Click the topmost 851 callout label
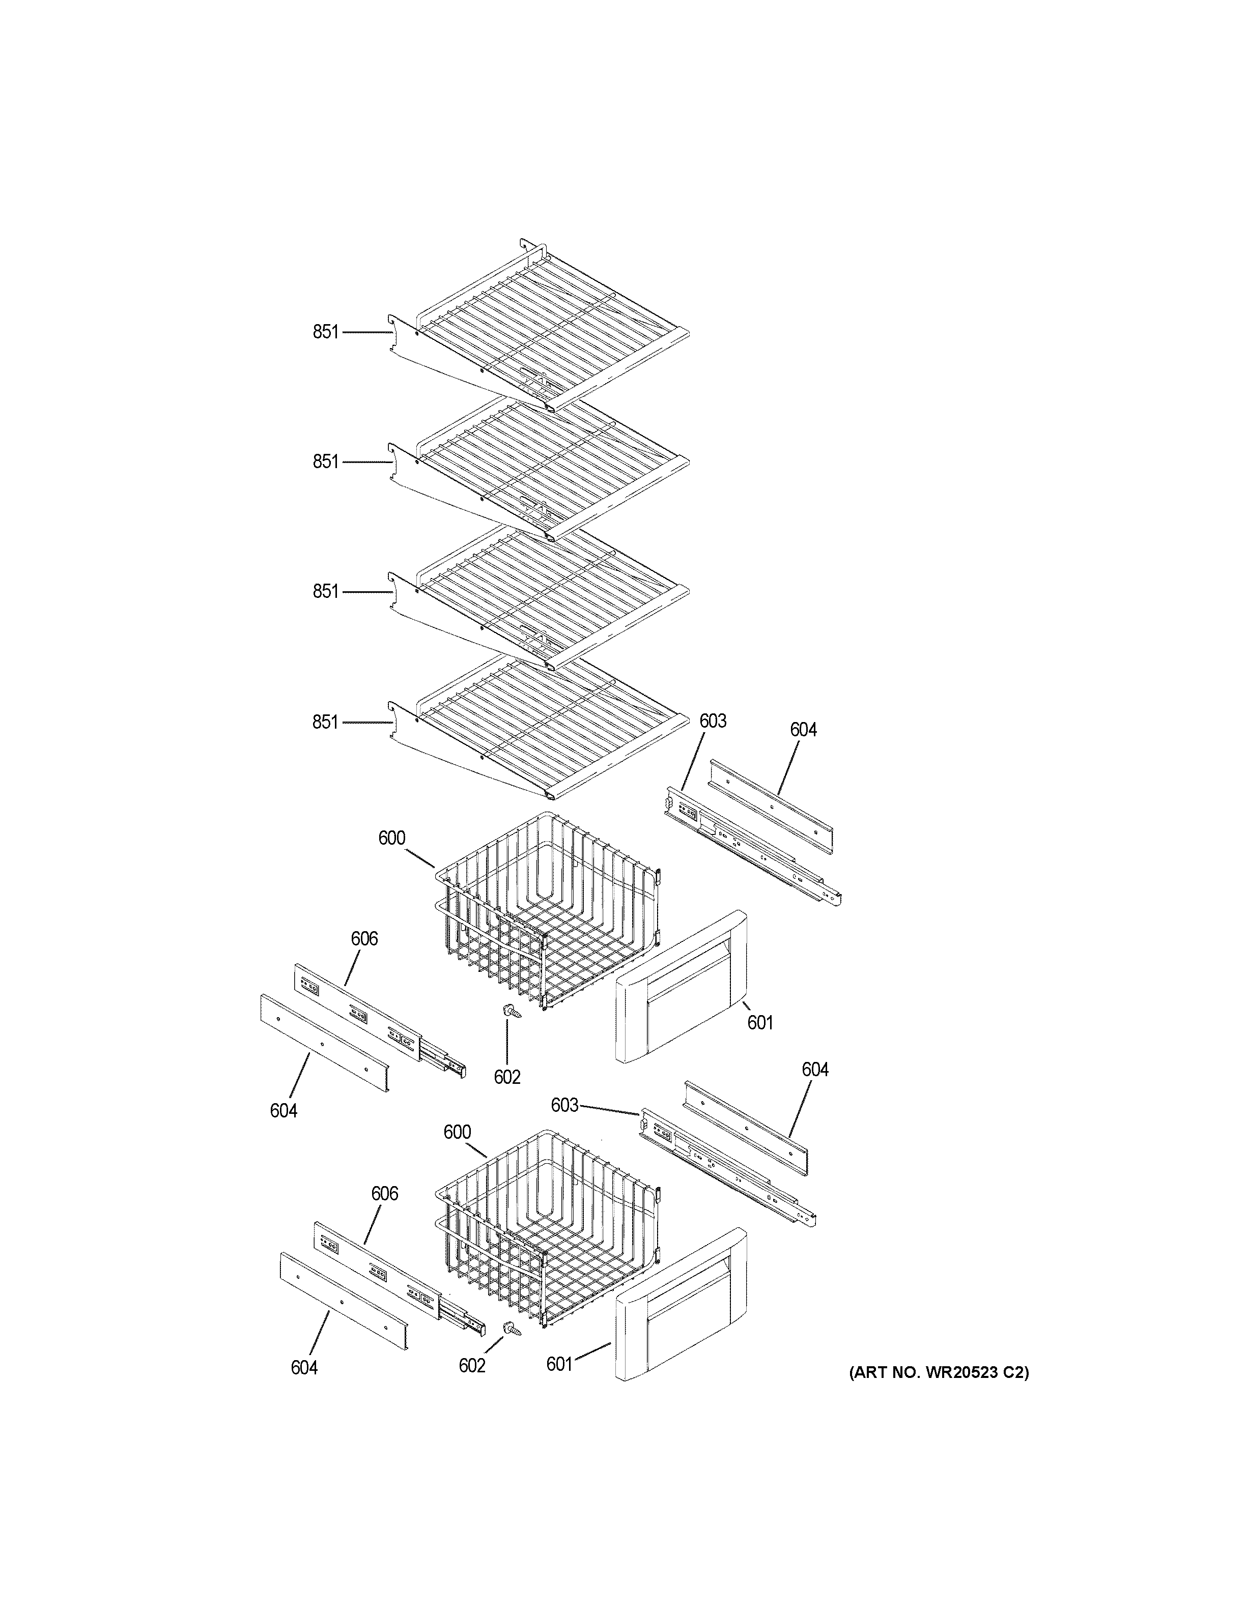325,332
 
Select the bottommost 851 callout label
325,722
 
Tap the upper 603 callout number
712,721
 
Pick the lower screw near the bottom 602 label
512,1329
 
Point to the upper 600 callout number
391,838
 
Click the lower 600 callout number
457,1132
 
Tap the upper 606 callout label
364,939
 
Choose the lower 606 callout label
384,1194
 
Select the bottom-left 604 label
303,1368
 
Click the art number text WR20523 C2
938,1372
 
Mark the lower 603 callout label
564,1105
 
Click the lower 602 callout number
472,1366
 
